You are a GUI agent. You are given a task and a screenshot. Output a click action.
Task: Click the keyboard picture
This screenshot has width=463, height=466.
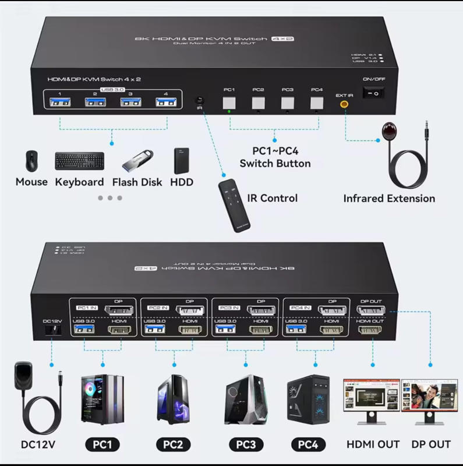(x=79, y=161)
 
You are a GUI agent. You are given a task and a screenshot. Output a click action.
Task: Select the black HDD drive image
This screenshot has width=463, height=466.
(x=182, y=161)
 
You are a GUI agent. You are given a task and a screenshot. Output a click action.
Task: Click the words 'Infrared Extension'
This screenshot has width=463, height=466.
(x=389, y=199)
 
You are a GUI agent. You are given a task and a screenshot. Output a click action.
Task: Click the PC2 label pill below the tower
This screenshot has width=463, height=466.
(x=173, y=445)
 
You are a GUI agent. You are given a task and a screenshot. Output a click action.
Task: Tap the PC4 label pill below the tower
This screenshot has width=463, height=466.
(x=312, y=445)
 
